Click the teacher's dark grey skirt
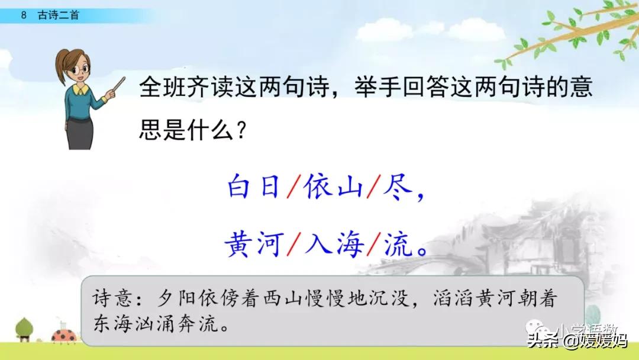click(80, 133)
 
